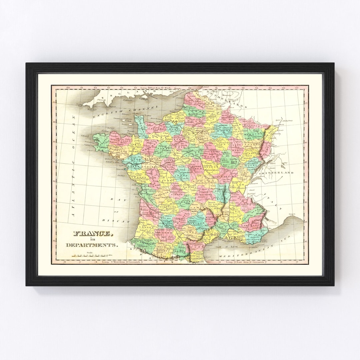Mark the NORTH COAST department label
(x=121, y=141)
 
